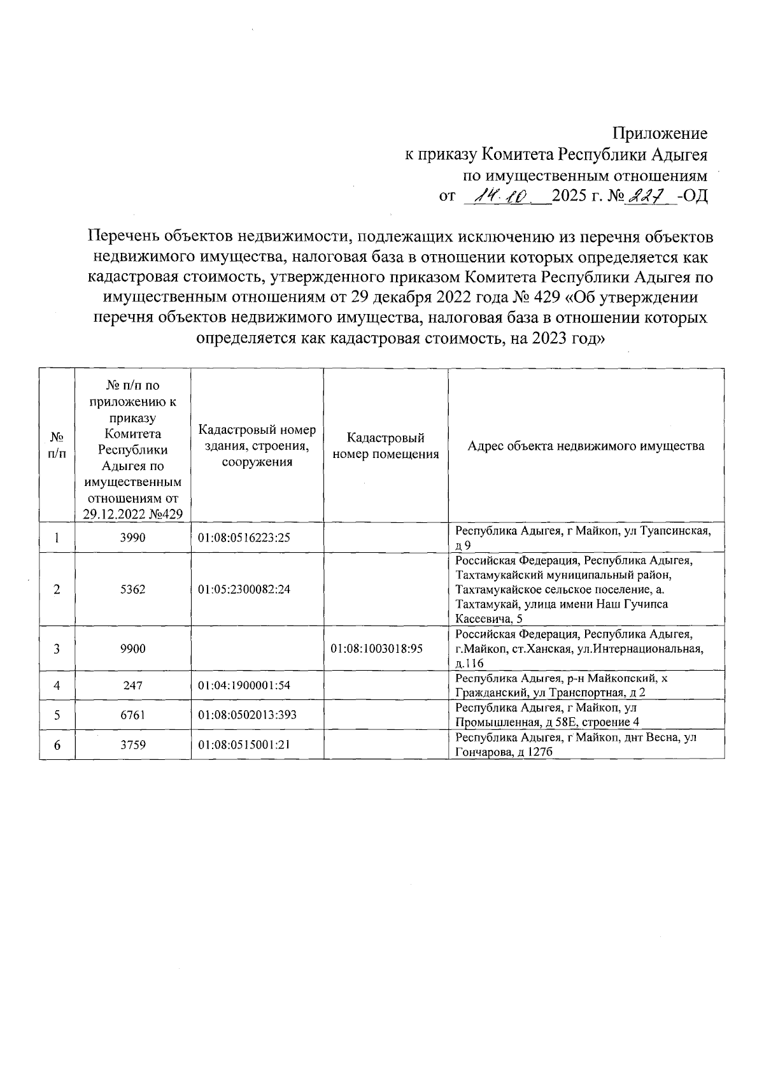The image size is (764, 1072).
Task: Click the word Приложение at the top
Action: pyautogui.click(x=660, y=134)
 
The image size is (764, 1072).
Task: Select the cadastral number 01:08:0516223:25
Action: pyautogui.click(x=244, y=538)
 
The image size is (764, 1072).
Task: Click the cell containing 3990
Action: pyautogui.click(x=132, y=538)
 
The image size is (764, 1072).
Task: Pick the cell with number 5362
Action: pyautogui.click(x=132, y=589)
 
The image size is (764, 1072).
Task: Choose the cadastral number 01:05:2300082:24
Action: pyautogui.click(x=244, y=589)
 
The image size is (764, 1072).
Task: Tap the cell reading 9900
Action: pyautogui.click(x=132, y=648)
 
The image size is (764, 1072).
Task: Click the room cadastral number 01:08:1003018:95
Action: pyautogui.click(x=377, y=648)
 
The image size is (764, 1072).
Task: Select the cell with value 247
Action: pyautogui.click(x=132, y=685)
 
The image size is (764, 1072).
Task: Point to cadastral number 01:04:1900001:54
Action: pyautogui.click(x=244, y=685)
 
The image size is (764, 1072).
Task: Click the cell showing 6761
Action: pyautogui.click(x=132, y=715)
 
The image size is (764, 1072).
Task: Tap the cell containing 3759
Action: pyautogui.click(x=132, y=744)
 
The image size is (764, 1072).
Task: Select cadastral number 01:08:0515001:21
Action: pyautogui.click(x=244, y=744)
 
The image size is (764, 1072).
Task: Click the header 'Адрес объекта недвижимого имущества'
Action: pyautogui.click(x=586, y=446)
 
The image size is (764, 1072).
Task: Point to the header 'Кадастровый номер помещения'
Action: pyautogui.click(x=385, y=446)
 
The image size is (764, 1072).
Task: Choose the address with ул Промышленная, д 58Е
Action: pyautogui.click(x=548, y=715)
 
